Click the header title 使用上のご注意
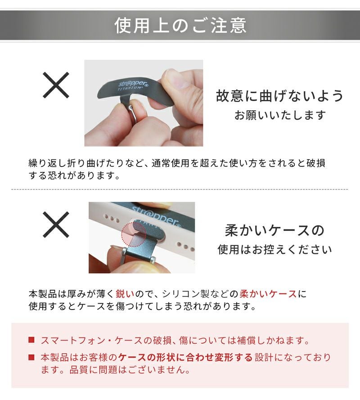pyautogui.click(x=180, y=25)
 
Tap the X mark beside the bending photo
pyautogui.click(x=56, y=85)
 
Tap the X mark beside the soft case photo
pyautogui.click(x=56, y=225)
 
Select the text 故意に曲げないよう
pyautogui.click(x=280, y=96)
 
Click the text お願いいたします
pyautogui.click(x=280, y=115)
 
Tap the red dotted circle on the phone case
pyautogui.click(x=134, y=234)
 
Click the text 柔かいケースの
pyautogui.click(x=274, y=230)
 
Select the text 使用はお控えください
pyautogui.click(x=274, y=249)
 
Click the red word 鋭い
pyautogui.click(x=125, y=294)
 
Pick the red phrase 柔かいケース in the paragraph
pyautogui.click(x=268, y=294)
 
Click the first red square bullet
pyautogui.click(x=31, y=340)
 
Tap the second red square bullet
pyautogui.click(x=31, y=357)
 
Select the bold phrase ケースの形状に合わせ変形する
pyautogui.click(x=185, y=357)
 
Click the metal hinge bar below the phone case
pyautogui.click(x=139, y=255)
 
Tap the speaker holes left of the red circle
pyautogui.click(x=112, y=218)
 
